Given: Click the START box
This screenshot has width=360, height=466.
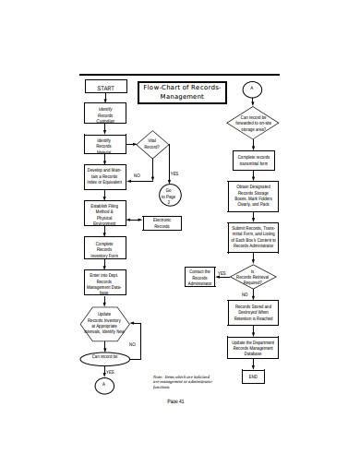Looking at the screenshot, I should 105,88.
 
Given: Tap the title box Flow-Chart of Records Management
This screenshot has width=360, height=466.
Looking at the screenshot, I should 181,91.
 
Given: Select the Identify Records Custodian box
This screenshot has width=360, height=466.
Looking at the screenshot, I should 105,115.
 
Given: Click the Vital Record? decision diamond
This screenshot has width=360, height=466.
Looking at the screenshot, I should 153,143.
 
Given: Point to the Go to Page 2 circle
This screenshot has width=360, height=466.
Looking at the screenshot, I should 169,195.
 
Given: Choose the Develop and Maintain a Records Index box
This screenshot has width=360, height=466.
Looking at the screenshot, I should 104,174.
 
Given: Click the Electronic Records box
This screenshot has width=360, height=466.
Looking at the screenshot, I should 162,223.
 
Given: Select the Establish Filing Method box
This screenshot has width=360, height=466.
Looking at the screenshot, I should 104,214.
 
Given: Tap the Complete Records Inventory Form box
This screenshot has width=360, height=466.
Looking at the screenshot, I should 104,248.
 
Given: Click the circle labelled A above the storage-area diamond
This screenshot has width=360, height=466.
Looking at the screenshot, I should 251,89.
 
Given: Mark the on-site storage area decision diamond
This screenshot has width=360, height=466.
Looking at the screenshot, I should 251,122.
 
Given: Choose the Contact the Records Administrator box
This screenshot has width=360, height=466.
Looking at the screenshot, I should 199,277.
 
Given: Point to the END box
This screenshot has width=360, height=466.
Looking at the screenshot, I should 251,376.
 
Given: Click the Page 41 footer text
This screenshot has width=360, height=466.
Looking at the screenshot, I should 176,401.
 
